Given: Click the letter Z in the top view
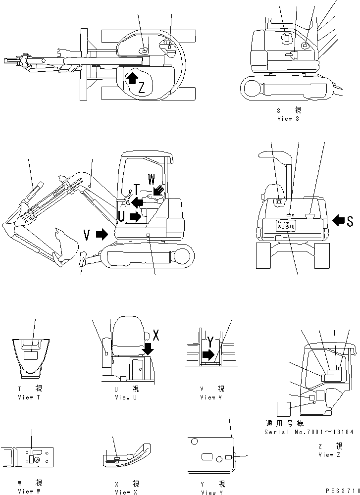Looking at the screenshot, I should click(142, 88).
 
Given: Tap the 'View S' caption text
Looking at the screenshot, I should click(288, 119).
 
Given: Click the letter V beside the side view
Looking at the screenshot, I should click(87, 235).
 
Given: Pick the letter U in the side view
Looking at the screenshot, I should click(121, 216).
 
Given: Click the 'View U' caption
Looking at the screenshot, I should click(122, 397).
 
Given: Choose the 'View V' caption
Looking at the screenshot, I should click(208, 397).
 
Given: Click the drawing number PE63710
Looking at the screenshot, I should click(341, 490).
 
